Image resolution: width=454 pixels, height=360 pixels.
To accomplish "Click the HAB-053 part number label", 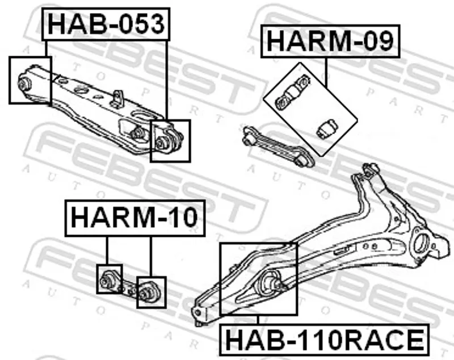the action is [x=106, y=24].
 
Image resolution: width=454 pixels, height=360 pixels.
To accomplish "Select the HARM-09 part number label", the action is [x=330, y=41].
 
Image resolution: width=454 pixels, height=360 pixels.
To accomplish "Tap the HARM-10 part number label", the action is [x=135, y=218].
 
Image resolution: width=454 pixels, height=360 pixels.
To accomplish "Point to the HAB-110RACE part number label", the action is [x=324, y=340].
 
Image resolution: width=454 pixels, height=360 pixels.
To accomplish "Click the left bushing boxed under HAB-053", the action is [x=25, y=83].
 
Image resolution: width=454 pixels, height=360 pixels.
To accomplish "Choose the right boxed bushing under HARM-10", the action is [x=149, y=291].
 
